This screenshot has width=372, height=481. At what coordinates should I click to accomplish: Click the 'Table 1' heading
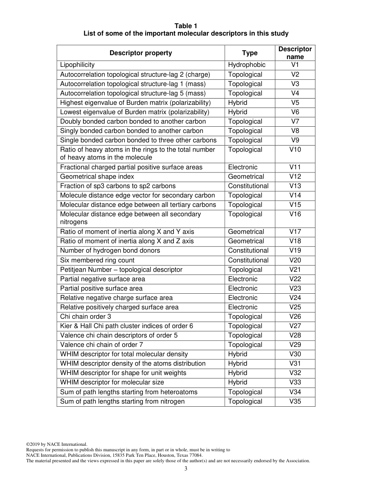pyautogui.click(x=186, y=26)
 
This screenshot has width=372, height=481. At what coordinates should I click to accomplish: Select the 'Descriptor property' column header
pyautogui.click(x=141, y=53)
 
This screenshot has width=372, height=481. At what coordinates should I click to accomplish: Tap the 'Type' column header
pyautogui.click(x=249, y=53)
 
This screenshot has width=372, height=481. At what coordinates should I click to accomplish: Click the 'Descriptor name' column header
pyautogui.click(x=295, y=53)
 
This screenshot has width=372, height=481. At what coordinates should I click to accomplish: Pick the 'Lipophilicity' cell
pyautogui.click(x=77, y=65)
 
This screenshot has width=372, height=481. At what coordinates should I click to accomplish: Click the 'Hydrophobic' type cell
pyautogui.click(x=247, y=65)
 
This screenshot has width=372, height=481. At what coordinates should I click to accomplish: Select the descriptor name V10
pyautogui.click(x=295, y=150)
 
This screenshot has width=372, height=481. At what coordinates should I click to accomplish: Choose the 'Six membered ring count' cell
pyautogui.click(x=97, y=260)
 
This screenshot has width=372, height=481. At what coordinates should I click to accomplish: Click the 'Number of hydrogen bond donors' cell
pyautogui.click(x=110, y=251)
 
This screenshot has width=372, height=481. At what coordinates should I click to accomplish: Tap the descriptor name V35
pyautogui.click(x=295, y=402)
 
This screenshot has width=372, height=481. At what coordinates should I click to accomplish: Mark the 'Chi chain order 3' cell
pyautogui.click(x=85, y=317)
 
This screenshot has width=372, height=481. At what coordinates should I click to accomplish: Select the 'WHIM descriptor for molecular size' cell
pyautogui.click(x=112, y=382)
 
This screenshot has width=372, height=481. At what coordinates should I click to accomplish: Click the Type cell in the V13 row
pyautogui.click(x=248, y=186)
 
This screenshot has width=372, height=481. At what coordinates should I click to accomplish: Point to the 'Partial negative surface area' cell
pyautogui.click(x=102, y=279)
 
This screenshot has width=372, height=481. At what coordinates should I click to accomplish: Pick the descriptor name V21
pyautogui.click(x=295, y=270)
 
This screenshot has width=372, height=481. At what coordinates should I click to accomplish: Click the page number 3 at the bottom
pyautogui.click(x=186, y=469)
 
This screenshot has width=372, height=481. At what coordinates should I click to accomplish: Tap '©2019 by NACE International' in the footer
pyautogui.click(x=56, y=444)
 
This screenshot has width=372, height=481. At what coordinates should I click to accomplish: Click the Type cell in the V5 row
pyautogui.click(x=238, y=103)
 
